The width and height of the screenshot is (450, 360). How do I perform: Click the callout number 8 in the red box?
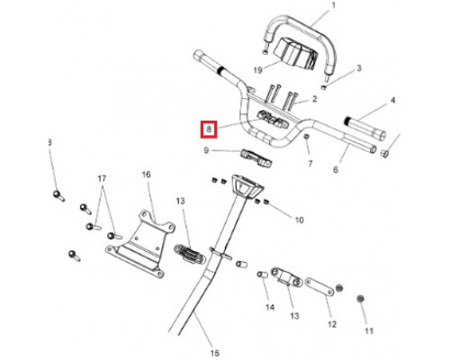[x=209, y=130]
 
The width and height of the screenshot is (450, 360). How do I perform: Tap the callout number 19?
[x=258, y=70]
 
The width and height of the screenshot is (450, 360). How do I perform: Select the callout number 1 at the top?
[x=333, y=5]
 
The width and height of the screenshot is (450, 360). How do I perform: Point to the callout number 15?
[x=215, y=353]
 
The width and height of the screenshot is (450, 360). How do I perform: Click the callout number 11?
[x=369, y=331]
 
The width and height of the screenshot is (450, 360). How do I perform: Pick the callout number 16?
[x=147, y=175]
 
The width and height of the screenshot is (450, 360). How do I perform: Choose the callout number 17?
[x=102, y=179]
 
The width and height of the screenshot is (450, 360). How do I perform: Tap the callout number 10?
[x=300, y=220]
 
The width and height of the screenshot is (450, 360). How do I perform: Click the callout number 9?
[x=206, y=150]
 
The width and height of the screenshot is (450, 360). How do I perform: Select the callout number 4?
[x=393, y=100]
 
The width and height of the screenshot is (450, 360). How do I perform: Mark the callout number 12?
[x=332, y=324]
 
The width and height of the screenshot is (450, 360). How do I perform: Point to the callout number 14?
[x=270, y=307]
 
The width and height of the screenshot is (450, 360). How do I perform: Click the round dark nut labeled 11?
[x=361, y=299]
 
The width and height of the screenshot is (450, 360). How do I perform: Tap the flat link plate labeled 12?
[x=319, y=287]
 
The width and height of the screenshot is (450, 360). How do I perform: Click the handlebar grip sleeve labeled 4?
[x=364, y=128]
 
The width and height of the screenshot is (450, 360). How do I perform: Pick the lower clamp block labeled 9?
[x=256, y=157]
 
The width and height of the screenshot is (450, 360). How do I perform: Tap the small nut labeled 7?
[x=306, y=138]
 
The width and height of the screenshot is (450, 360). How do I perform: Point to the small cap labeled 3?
[x=324, y=87]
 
